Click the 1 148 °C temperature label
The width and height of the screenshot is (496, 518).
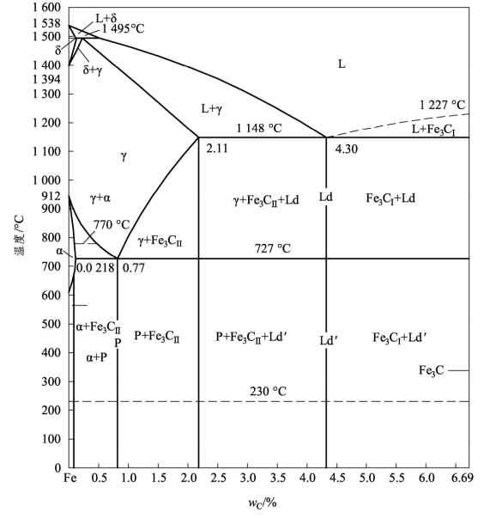259,128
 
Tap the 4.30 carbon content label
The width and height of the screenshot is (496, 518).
346,149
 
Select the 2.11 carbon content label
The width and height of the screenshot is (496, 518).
217,149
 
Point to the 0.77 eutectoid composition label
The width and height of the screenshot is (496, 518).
134,267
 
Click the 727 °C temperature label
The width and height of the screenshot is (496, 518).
273,248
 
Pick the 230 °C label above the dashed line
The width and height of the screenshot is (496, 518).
268,391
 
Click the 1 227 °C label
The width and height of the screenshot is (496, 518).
442,105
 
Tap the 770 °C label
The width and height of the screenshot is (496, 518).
112,225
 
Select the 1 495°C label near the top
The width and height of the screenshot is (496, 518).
123,28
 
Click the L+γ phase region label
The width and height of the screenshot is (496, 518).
212,109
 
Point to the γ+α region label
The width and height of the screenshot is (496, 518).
100,198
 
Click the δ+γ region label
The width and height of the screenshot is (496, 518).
93,70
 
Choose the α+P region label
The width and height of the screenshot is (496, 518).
96,357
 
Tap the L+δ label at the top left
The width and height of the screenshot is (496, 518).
106,18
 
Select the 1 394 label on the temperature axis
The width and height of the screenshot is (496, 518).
46,79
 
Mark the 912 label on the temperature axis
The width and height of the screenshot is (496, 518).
51,196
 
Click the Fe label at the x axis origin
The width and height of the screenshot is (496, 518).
70,478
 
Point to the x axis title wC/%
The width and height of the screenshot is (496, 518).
263,503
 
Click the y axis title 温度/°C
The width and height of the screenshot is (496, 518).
19,235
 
